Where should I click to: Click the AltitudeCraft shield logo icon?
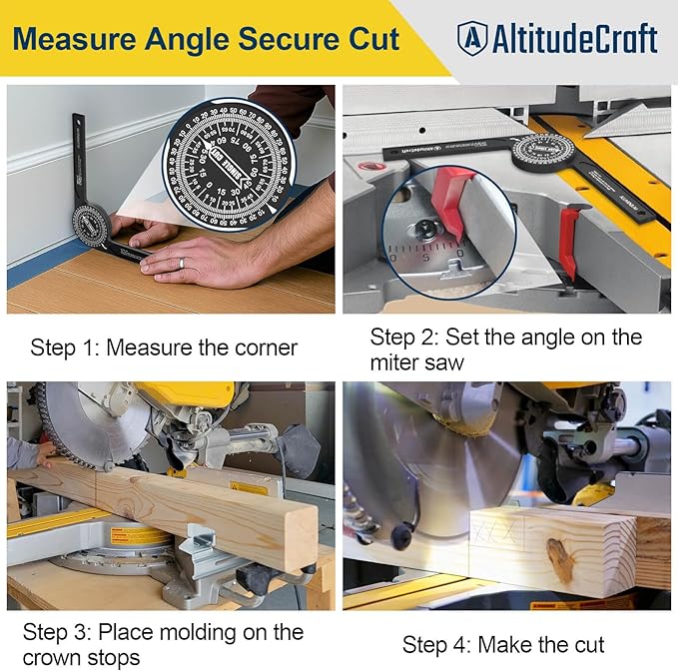point(472,39)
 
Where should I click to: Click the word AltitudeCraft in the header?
point(574,39)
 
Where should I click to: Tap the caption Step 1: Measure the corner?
point(164,347)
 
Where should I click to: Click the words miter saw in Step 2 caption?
point(417,362)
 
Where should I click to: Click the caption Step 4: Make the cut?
point(503,645)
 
